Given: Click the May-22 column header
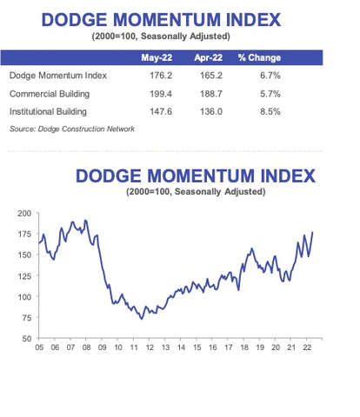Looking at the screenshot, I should (x=156, y=58).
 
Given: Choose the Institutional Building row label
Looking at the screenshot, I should (x=51, y=110).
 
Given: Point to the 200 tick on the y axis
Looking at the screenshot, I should (x=23, y=213).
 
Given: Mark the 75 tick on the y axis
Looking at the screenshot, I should (x=26, y=317).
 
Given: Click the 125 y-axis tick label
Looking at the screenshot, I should (x=23, y=275).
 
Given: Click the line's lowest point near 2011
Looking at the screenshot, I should (x=142, y=318).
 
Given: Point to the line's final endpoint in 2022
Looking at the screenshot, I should (x=313, y=232).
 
